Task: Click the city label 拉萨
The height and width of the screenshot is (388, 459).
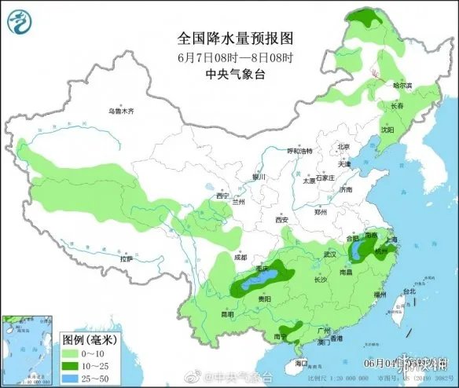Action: pos(127,258)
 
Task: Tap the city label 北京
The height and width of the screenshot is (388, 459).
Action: pos(343,146)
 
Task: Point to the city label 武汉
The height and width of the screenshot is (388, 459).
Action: pos(329,255)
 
